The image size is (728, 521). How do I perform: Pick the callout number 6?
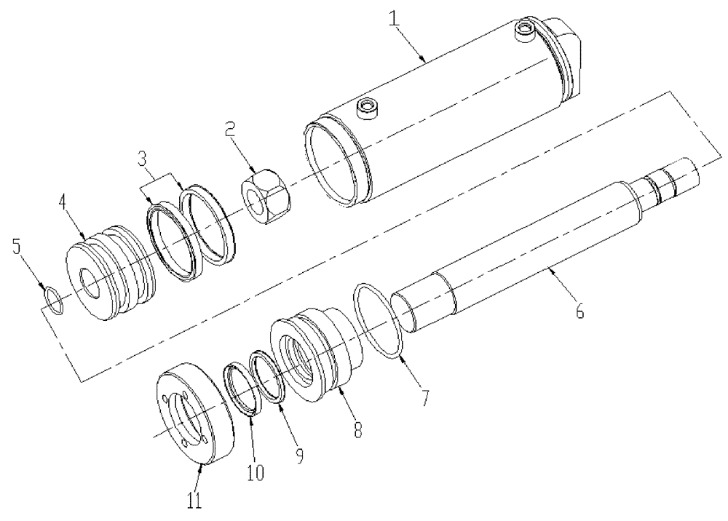(579, 310)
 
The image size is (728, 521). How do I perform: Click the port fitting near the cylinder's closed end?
(523, 29)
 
